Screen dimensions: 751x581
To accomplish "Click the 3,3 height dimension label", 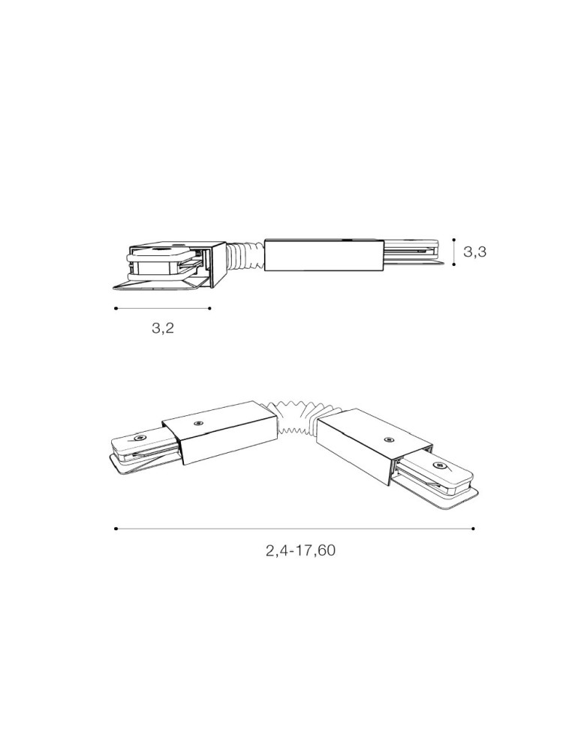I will pos(474,252).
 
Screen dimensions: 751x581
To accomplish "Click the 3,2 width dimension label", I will pos(162,328).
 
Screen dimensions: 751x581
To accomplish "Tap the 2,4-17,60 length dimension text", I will pos(300,550).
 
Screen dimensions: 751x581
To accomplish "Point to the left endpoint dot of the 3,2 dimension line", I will pos(116,308).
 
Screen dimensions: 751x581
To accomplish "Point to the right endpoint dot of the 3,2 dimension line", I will pos(210,308).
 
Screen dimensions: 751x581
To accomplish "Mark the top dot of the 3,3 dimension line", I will pos(453,240).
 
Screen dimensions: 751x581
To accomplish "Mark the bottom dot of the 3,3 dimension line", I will pos(453,264).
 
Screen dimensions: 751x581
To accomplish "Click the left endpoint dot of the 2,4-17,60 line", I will pos(116,529).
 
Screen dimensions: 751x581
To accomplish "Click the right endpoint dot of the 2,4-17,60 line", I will pos(473,529).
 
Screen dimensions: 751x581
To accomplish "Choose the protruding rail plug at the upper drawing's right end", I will pos(412,253).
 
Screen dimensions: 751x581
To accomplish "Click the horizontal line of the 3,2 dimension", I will pos(163,308).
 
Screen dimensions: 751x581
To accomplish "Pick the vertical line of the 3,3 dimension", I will pos(453,252).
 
